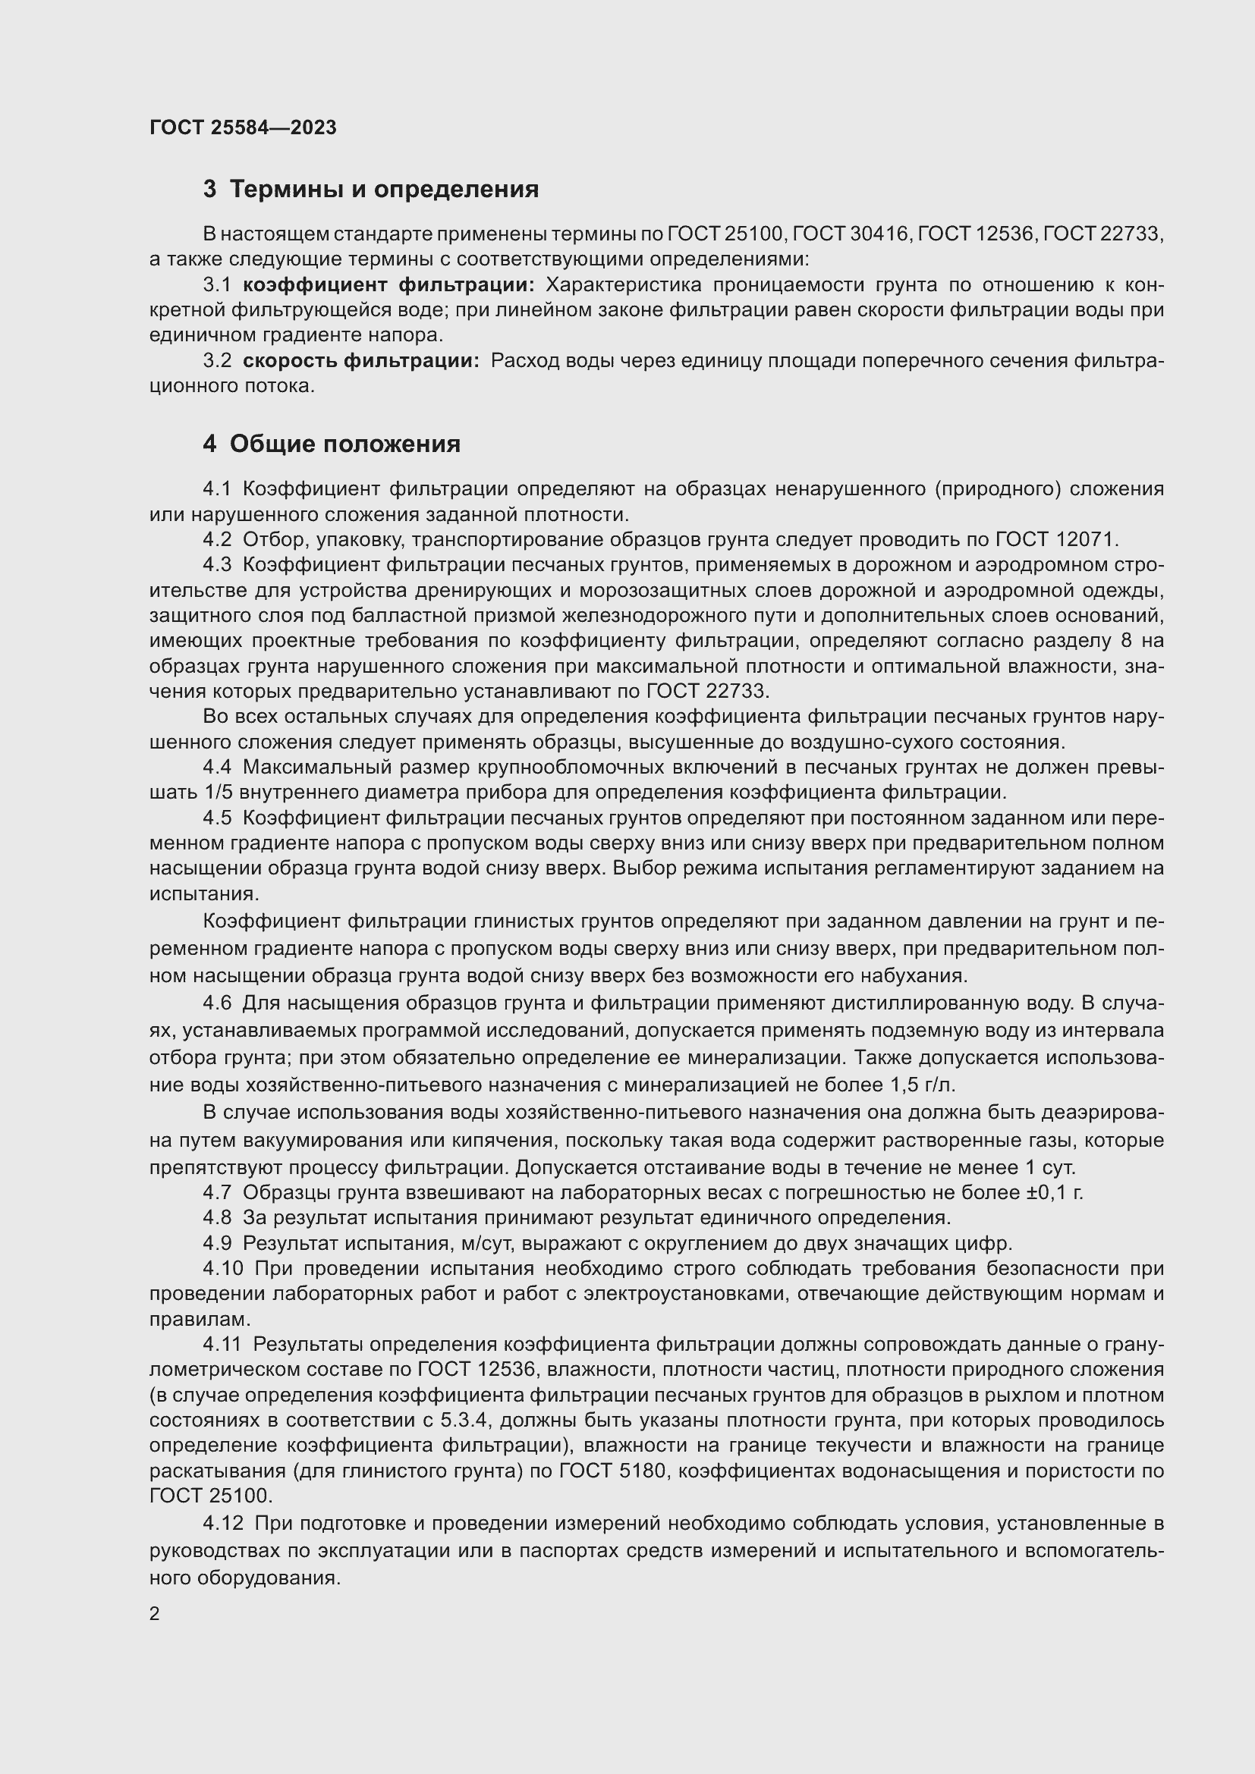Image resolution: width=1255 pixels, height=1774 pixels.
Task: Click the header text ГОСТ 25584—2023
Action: tap(244, 127)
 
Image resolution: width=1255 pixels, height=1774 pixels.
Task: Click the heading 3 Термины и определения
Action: tap(371, 189)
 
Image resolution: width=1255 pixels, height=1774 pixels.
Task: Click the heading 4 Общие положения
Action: tap(332, 444)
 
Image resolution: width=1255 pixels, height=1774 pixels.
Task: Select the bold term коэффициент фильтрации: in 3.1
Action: tap(388, 285)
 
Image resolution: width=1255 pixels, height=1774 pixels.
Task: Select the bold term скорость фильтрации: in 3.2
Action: tap(361, 361)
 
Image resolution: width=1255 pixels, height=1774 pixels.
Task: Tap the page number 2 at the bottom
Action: tap(155, 1613)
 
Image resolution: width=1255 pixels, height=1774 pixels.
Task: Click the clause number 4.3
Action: tap(217, 565)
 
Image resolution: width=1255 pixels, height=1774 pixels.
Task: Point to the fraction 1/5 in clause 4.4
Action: tap(219, 793)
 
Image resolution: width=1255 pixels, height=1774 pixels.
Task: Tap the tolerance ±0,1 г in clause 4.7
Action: tap(1054, 1193)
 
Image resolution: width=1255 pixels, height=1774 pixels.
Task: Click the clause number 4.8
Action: tap(217, 1219)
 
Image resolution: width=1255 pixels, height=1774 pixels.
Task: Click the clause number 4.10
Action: tap(222, 1269)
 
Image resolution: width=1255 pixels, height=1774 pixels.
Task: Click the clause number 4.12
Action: tap(222, 1524)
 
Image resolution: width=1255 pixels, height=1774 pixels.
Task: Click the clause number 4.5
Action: tap(217, 818)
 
